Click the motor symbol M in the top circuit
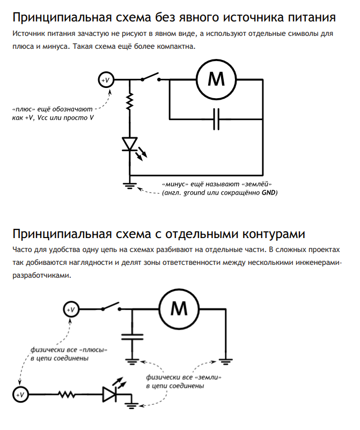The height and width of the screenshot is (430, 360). click(216, 79)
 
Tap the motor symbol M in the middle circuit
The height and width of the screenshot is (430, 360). click(178, 309)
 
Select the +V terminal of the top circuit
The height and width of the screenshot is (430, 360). click(105, 80)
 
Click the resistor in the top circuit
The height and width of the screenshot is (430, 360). click(130, 101)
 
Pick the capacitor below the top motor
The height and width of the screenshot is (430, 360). click(216, 119)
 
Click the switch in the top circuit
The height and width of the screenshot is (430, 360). click(152, 78)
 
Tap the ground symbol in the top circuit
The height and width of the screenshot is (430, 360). click(130, 186)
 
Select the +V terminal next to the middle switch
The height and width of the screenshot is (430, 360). click(70, 309)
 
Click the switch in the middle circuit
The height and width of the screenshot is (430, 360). click(110, 307)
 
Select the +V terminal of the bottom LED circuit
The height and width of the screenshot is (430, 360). click(20, 395)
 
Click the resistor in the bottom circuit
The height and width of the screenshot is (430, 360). click(67, 395)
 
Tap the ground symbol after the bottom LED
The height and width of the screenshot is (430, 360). click(132, 404)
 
